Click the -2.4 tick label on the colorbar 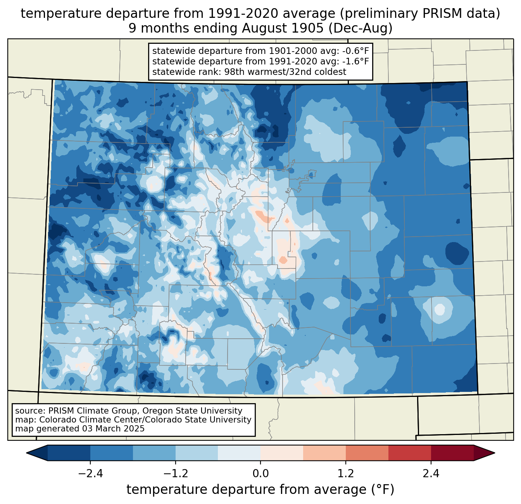[90, 474]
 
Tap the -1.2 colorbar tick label [175, 474]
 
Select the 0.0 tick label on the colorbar [260, 474]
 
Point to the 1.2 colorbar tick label [346, 474]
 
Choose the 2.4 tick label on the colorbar [431, 474]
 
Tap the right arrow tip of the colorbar [493, 453]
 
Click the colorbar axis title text [260, 490]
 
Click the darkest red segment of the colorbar [452, 453]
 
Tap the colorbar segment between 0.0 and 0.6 [282, 453]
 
